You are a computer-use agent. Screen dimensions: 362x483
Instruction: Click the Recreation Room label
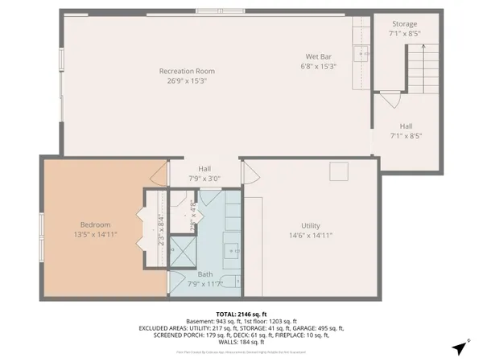[x=186, y=71]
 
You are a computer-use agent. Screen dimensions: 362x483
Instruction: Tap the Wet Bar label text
[x=315, y=56]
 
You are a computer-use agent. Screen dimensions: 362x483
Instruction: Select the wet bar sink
[x=362, y=55]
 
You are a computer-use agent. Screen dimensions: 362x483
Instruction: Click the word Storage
[x=404, y=24]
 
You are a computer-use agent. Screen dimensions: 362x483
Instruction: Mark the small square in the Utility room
[x=339, y=171]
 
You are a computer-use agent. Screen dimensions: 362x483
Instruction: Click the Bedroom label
[x=94, y=224]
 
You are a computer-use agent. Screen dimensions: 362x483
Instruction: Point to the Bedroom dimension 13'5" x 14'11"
[x=94, y=235]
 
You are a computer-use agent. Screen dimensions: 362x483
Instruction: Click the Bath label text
[x=204, y=274]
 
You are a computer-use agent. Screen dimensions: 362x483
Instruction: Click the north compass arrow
[x=459, y=348]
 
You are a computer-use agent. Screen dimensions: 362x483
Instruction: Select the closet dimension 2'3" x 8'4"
[x=160, y=230]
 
